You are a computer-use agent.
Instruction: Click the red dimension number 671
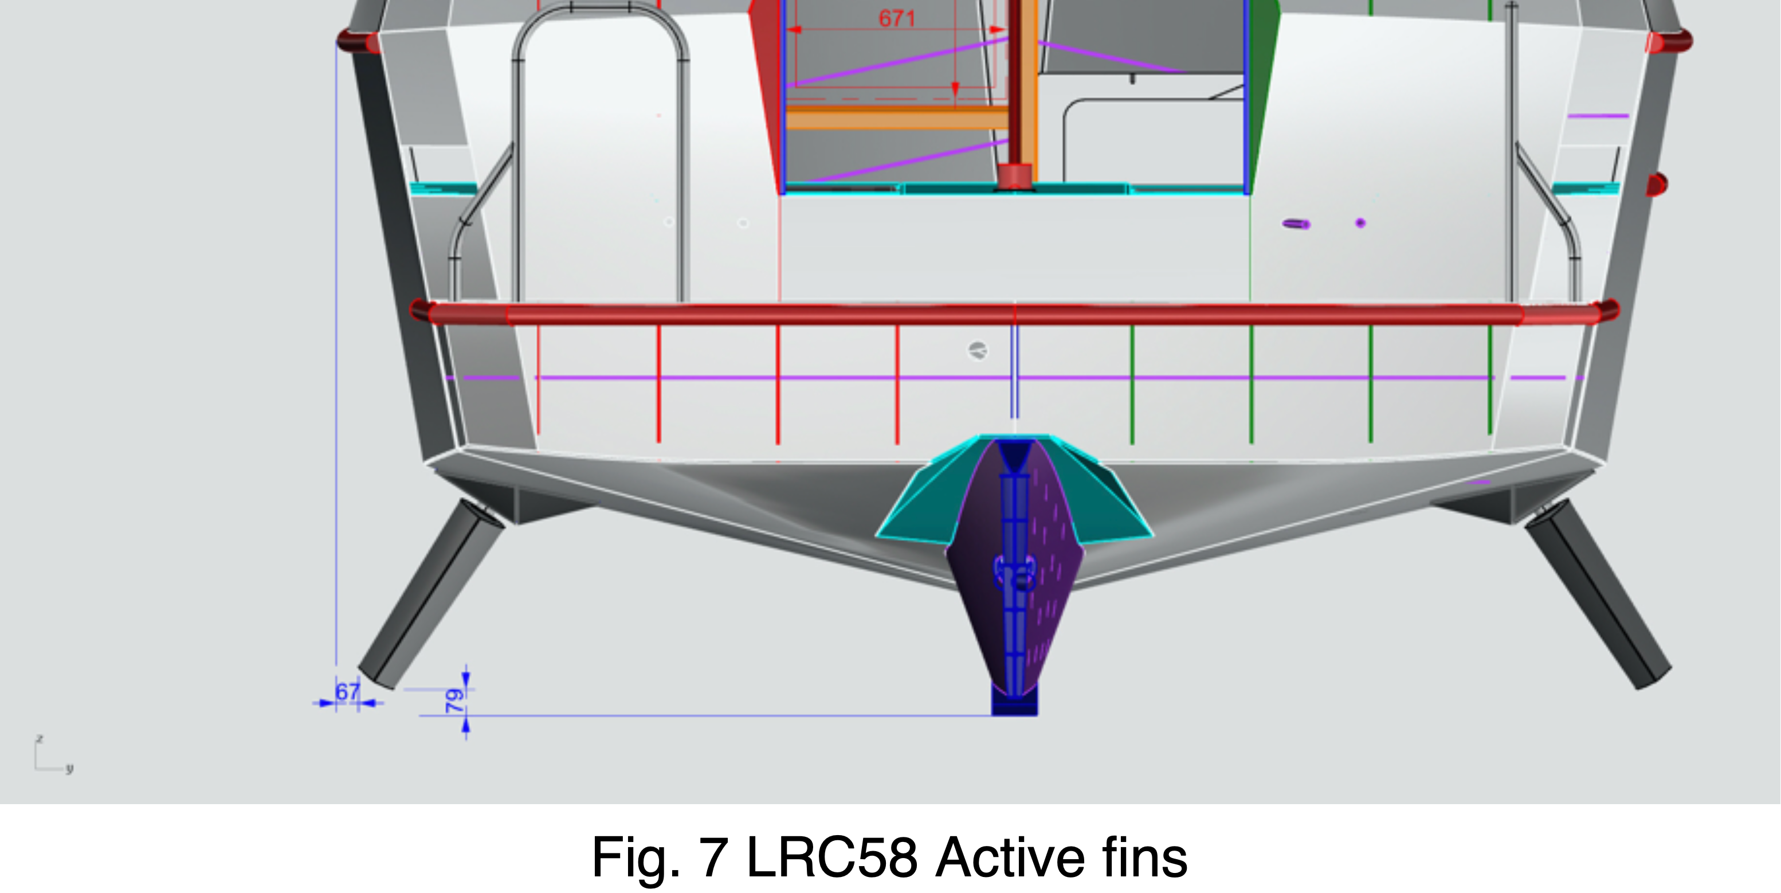pos(897,19)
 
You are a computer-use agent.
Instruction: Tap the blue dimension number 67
pos(348,691)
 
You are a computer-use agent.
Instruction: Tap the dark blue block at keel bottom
pos(1014,700)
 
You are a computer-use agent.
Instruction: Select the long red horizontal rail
pos(1014,314)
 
